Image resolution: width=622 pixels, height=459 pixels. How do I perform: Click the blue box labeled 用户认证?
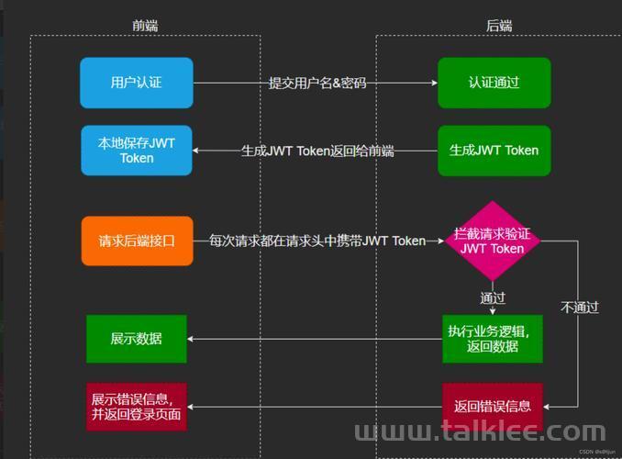[137, 83]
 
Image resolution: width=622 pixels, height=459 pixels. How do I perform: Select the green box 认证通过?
[494, 83]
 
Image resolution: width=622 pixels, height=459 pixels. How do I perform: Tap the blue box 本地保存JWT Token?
[137, 151]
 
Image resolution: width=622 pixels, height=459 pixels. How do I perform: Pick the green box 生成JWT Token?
[494, 151]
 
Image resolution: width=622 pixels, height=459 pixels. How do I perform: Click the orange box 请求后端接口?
[138, 241]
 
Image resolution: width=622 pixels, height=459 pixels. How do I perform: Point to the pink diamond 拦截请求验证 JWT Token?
[493, 241]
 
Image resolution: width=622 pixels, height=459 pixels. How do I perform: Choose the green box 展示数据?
[137, 339]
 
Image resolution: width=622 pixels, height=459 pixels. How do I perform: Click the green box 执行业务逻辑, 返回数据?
[493, 339]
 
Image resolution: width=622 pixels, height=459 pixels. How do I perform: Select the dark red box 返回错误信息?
[493, 407]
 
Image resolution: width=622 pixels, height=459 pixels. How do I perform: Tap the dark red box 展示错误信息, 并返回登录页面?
[137, 407]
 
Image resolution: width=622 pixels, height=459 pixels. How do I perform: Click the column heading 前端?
[145, 26]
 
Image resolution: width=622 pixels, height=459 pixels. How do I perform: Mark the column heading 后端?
[499, 26]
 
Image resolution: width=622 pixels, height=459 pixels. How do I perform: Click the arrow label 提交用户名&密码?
[317, 83]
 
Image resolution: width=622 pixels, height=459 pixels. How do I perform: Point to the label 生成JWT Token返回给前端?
[317, 151]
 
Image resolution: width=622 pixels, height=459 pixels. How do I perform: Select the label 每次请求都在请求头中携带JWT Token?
[317, 241]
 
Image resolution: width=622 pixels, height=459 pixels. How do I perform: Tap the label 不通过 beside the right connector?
[580, 307]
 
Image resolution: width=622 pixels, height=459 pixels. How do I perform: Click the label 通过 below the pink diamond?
[493, 297]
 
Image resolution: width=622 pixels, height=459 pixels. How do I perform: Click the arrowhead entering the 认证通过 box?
[435, 83]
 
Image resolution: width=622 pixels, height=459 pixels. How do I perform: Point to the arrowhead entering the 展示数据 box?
[190, 339]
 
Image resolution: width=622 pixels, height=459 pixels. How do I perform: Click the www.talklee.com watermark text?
[480, 431]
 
